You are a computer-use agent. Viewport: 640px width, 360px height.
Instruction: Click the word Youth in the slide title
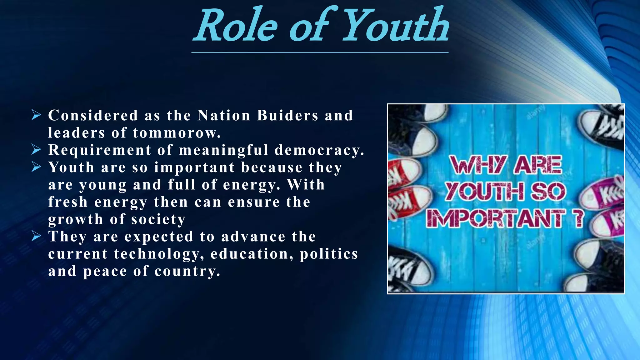tap(396, 26)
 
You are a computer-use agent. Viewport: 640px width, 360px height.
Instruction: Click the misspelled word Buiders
tap(287, 115)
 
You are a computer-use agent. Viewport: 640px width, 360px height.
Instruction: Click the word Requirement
tap(100, 150)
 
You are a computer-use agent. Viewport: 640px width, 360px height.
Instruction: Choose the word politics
tap(329, 254)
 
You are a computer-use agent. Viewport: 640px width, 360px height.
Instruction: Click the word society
tap(158, 219)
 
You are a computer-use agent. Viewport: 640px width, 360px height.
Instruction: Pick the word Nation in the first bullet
tap(224, 115)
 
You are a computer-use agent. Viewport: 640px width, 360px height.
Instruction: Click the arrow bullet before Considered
tap(36, 115)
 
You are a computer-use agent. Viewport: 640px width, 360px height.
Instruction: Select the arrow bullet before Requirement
tap(36, 150)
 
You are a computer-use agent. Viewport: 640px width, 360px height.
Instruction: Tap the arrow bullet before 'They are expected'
tap(36, 236)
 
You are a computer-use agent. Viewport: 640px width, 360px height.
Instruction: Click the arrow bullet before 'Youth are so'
tap(36, 167)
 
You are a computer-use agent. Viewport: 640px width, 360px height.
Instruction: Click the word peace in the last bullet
tap(105, 271)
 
